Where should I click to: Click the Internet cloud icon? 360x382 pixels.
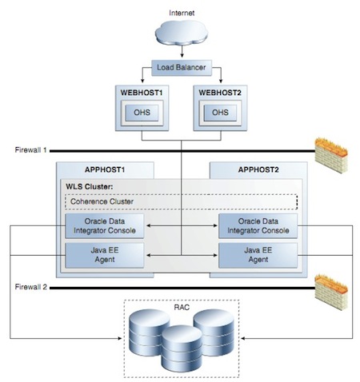pos(181,37)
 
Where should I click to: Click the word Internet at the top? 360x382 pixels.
pos(181,12)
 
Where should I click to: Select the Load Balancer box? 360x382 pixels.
pos(181,68)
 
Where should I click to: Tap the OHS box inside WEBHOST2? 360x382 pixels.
pos(219,111)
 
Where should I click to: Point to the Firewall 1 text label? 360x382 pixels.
pos(33,149)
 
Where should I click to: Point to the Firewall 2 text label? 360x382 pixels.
pos(33,285)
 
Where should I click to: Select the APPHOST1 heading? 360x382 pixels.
pos(106,169)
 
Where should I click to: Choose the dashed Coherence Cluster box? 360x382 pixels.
pos(181,202)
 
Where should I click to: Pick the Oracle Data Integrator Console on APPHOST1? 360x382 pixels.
pos(104,226)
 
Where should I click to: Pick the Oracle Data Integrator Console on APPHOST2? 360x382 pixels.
pos(258,226)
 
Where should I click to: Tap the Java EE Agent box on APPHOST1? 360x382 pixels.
pos(104,254)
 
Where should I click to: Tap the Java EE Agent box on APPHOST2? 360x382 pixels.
pos(258,254)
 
